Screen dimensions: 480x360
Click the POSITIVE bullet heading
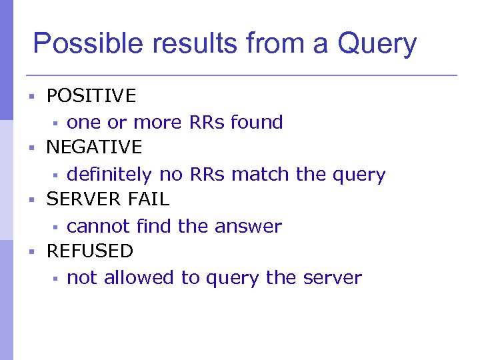coord(91,96)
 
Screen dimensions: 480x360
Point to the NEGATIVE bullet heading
coord(94,147)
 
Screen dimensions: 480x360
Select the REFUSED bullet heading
coord(89,251)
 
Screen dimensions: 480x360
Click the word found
coord(257,123)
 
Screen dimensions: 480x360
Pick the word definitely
coord(109,175)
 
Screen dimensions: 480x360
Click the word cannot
coord(99,227)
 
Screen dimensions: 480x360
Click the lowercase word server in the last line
coord(331,278)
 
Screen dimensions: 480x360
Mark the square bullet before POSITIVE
coord(31,97)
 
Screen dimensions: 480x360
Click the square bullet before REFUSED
coord(31,252)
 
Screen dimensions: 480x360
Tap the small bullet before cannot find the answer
coord(56,227)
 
